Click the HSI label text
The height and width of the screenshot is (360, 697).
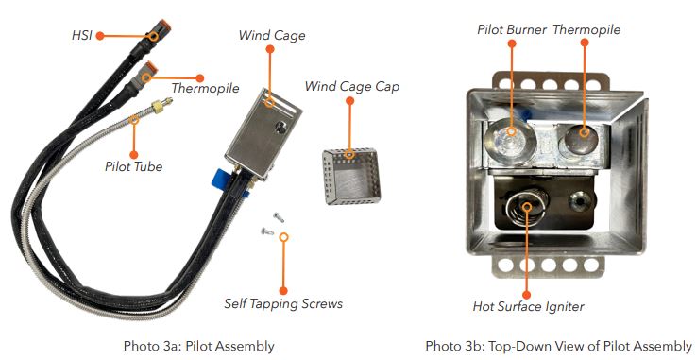[82, 35]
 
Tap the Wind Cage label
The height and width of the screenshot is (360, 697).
[272, 36]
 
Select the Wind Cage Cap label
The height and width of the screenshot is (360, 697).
[352, 86]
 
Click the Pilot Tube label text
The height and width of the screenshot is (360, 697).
[134, 166]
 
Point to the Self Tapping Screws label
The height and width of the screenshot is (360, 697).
[283, 304]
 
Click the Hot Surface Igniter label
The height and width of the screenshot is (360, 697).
[529, 306]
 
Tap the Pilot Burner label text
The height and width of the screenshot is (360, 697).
[512, 30]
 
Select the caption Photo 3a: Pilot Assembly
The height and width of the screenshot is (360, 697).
[198, 346]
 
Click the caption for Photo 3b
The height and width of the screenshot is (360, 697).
[559, 346]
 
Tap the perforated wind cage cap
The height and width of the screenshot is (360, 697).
[351, 176]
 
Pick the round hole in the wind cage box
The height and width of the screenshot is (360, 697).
[280, 128]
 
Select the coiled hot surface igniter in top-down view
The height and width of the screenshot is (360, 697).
[526, 208]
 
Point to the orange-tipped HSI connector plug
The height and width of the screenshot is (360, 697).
[159, 30]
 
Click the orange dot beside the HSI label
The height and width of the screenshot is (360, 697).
[100, 36]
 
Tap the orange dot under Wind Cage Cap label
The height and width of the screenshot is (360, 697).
[349, 101]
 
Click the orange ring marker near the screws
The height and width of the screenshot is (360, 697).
[283, 237]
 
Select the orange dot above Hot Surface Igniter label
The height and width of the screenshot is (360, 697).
[526, 295]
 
